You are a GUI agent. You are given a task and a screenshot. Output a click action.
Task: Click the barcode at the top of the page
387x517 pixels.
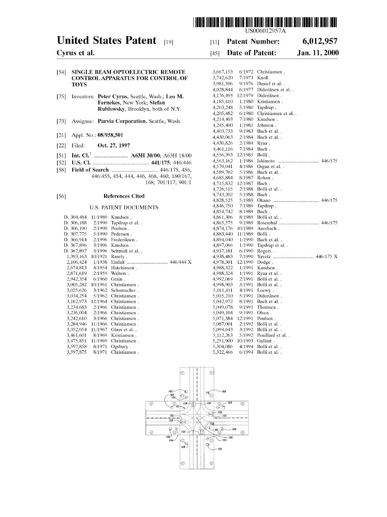[x=265, y=22]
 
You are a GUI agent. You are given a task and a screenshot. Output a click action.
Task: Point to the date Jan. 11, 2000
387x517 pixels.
[x=317, y=53]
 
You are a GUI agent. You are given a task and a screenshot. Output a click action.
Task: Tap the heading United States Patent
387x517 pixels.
[x=106, y=41]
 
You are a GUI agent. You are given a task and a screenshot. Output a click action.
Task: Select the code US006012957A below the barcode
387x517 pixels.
[x=265, y=31]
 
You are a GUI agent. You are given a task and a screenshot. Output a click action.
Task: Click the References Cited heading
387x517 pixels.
[x=124, y=196]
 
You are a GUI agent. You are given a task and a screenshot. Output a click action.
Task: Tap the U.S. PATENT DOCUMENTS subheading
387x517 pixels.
[x=124, y=208]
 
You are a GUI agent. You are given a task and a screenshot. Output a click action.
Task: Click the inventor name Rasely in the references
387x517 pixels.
[x=118, y=256]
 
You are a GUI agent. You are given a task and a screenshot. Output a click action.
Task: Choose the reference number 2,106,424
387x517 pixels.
[x=77, y=262]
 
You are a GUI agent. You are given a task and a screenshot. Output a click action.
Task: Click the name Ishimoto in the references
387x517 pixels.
[x=266, y=161]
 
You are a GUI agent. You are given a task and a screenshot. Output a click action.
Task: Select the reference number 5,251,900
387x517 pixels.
[x=223, y=341]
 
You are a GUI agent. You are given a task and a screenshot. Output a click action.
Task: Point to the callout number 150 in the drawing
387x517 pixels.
[x=230, y=437]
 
